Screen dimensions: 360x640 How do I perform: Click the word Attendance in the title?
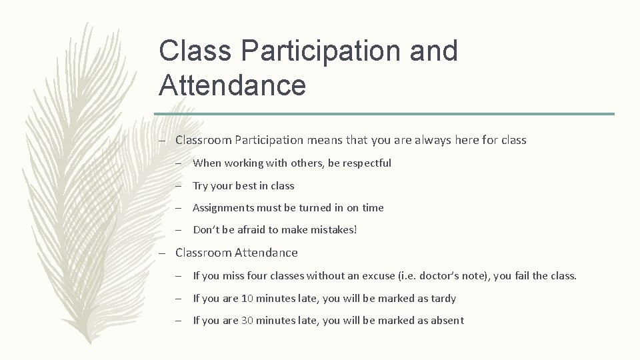pyautogui.click(x=233, y=85)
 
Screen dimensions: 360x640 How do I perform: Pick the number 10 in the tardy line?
pyautogui.click(x=247, y=298)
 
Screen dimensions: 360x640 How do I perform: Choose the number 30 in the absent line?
pyautogui.click(x=247, y=320)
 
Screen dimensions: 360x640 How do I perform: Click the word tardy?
pyautogui.click(x=442, y=298)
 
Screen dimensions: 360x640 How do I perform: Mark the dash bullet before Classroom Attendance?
pyautogui.click(x=162, y=253)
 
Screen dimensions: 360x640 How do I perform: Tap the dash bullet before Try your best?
pyautogui.click(x=180, y=186)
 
